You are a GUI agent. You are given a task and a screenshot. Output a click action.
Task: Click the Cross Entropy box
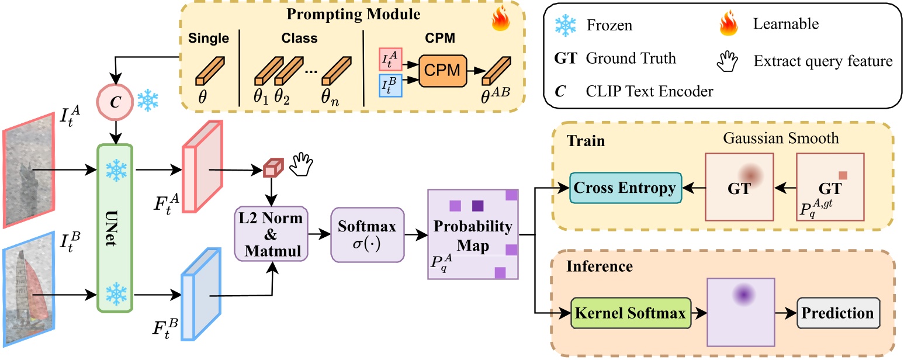click(x=626, y=188)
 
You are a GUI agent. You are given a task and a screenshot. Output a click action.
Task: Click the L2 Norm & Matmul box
click(x=271, y=234)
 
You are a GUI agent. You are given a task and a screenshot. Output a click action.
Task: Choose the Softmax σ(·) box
click(x=359, y=233)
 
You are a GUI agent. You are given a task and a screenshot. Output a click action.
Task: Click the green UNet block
click(x=115, y=229)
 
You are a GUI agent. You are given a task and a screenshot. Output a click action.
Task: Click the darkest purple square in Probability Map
click(x=478, y=205)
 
